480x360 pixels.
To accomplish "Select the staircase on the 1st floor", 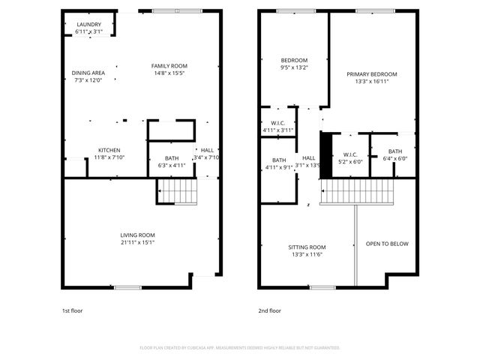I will (178, 191).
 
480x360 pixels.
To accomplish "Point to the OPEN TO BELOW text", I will (387, 244).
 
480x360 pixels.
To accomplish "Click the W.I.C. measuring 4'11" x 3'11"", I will (278, 127).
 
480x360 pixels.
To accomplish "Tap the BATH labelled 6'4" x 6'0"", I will (394, 154).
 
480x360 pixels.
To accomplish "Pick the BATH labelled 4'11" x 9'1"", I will (279, 163).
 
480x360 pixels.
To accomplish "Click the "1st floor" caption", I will (73, 310).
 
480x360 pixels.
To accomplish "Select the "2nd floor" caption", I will (270, 310).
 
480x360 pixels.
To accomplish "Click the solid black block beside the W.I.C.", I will (326, 155).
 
